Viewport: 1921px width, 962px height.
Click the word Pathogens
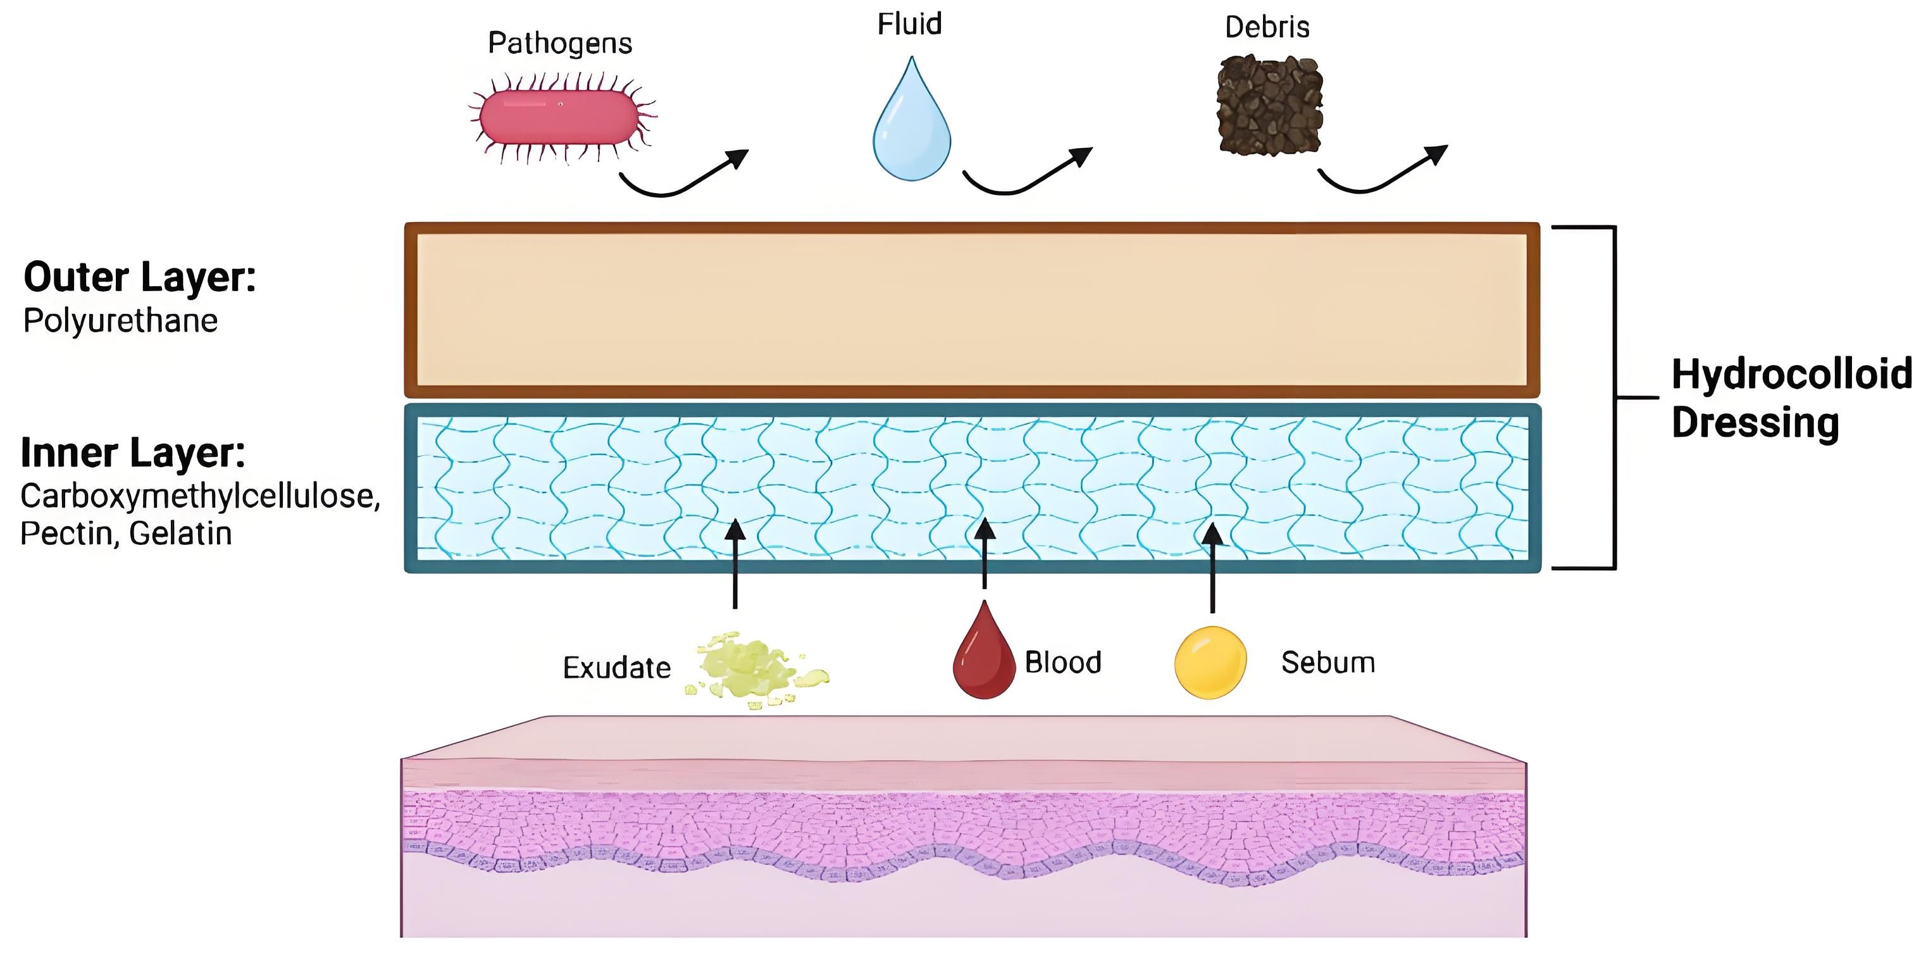560,43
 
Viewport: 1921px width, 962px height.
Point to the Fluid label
909,24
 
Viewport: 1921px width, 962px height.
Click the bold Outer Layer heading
139,277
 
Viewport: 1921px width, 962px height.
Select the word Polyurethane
121,321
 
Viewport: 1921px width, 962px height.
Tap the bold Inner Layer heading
133,453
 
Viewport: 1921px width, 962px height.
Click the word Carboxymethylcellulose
200,496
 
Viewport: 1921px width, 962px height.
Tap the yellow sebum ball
1210,662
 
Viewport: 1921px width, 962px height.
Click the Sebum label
1328,662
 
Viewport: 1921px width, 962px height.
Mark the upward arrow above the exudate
735,563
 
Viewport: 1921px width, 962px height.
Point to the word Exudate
617,668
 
